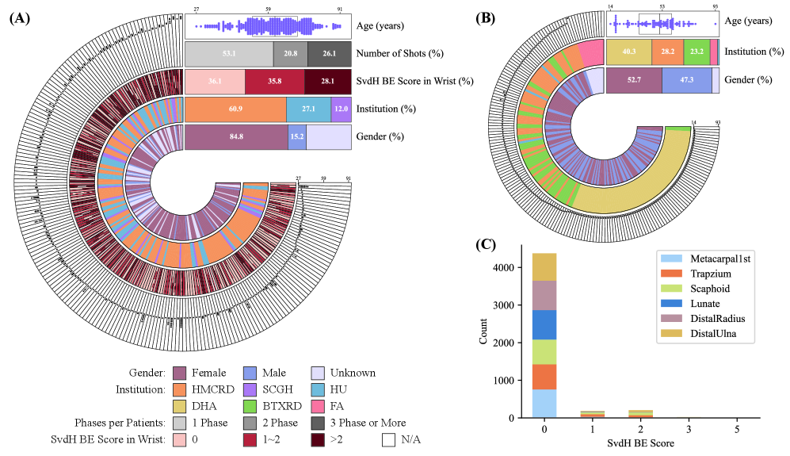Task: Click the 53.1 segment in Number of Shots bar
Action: [x=229, y=54]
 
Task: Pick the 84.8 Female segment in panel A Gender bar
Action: [x=236, y=136]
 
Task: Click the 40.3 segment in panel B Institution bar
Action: [x=628, y=52]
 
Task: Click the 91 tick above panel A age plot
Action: [x=340, y=10]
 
